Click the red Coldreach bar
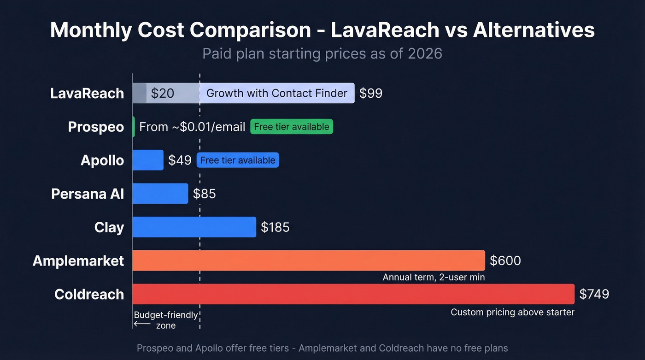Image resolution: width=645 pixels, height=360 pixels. (353, 294)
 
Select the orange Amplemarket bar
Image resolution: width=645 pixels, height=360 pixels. (308, 260)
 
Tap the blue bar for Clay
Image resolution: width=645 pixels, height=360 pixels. (194, 227)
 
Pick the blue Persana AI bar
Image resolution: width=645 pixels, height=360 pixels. (160, 194)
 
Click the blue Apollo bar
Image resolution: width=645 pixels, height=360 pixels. (148, 160)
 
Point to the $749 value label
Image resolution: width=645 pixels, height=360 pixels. (594, 294)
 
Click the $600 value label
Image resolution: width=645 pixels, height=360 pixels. (505, 260)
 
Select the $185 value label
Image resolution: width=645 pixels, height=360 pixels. (275, 227)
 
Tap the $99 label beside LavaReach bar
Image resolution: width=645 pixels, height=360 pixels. (371, 93)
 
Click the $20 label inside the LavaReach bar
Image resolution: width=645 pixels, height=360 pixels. (163, 93)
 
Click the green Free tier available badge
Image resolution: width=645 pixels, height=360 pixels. (291, 127)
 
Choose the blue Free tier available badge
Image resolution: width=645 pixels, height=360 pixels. (238, 160)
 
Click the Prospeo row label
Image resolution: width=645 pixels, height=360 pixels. (96, 127)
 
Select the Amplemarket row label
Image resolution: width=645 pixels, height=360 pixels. (78, 261)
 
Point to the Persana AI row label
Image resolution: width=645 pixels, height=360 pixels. (88, 194)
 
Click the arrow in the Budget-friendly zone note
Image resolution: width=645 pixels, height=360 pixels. (142, 324)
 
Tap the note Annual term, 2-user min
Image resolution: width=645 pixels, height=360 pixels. (434, 277)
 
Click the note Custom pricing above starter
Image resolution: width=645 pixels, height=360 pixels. (512, 312)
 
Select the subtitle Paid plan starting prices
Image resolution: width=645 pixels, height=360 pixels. (322, 53)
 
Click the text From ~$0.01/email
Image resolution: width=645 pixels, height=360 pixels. (192, 127)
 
